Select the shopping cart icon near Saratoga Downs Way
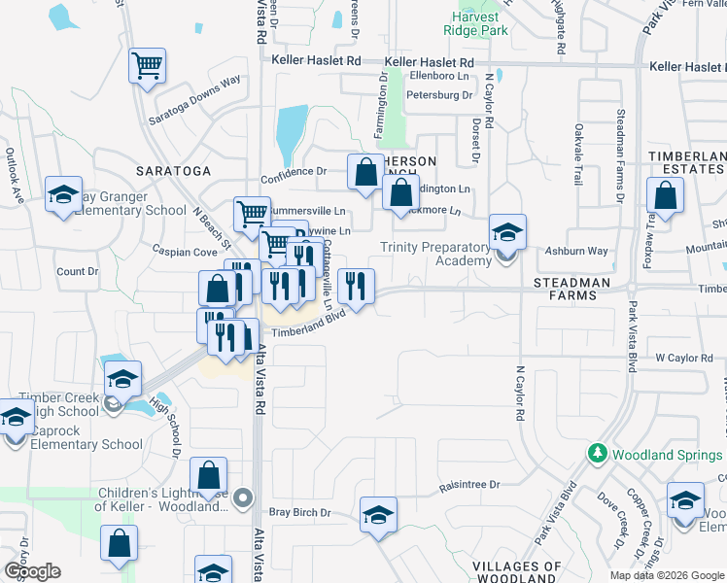coord(148,67)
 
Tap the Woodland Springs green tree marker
coord(596,454)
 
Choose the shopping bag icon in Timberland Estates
coord(666,197)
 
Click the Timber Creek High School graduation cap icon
coord(123,379)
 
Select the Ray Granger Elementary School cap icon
coord(63,193)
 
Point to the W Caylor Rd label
coord(683,359)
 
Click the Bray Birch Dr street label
coord(300,512)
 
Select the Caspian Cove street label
coord(184,252)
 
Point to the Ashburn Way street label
coord(576,252)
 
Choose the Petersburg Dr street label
coord(438,95)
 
